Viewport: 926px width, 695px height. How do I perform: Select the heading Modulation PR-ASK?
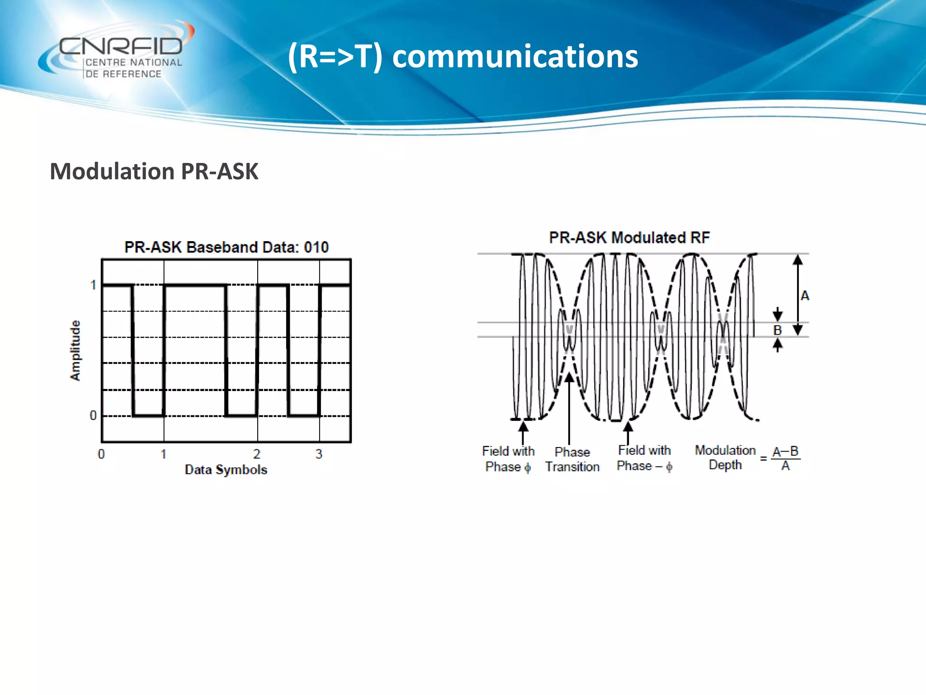[154, 171]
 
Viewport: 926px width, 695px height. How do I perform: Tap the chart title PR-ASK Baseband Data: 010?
[226, 247]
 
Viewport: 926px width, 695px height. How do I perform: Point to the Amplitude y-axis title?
[75, 350]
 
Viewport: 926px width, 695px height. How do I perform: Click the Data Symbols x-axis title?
[226, 470]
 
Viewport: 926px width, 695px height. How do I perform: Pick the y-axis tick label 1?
[93, 285]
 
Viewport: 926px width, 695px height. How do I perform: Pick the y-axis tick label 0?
[93, 415]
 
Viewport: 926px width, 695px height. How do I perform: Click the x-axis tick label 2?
[257, 454]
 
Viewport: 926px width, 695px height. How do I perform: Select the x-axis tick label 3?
[319, 454]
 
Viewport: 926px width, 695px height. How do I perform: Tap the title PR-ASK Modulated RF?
[629, 238]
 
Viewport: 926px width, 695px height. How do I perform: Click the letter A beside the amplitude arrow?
[805, 296]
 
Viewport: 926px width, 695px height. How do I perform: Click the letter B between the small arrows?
[777, 330]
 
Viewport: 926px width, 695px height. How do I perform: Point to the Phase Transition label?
[572, 459]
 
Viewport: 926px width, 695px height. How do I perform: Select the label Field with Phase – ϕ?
[644, 458]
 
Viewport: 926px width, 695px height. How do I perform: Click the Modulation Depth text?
[725, 457]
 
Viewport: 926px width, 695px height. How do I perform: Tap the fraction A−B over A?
[785, 458]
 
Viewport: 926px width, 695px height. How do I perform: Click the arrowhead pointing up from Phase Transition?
[569, 377]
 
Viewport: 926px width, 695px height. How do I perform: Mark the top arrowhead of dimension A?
[798, 260]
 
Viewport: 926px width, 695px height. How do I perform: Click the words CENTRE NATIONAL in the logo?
[133, 62]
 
